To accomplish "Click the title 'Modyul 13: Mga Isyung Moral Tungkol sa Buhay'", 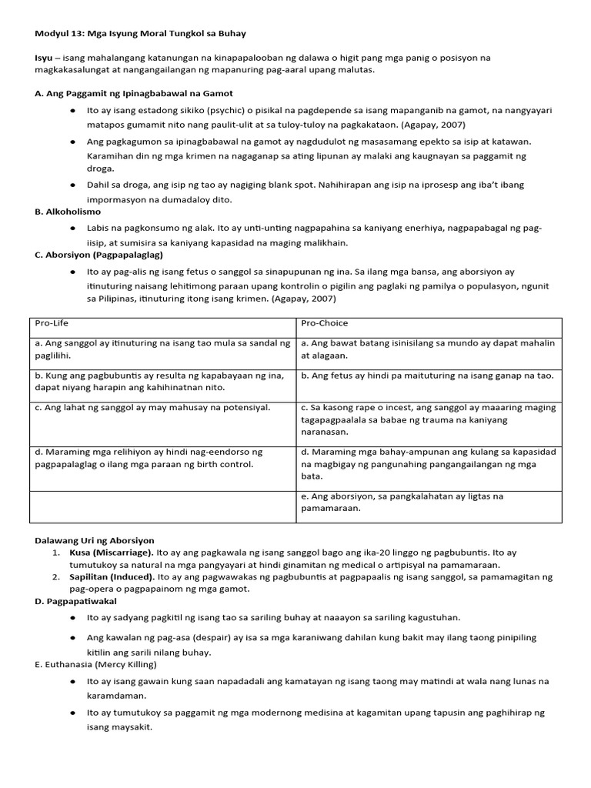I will (x=140, y=34).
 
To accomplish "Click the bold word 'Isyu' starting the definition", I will (x=44, y=58).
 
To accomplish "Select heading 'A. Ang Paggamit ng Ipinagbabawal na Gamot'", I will (x=134, y=93).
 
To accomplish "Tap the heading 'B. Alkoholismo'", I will (x=68, y=212).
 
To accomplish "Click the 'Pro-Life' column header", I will (x=51, y=323).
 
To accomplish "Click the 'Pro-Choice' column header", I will (x=324, y=323).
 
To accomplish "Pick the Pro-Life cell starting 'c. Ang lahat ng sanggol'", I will (x=152, y=408).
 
